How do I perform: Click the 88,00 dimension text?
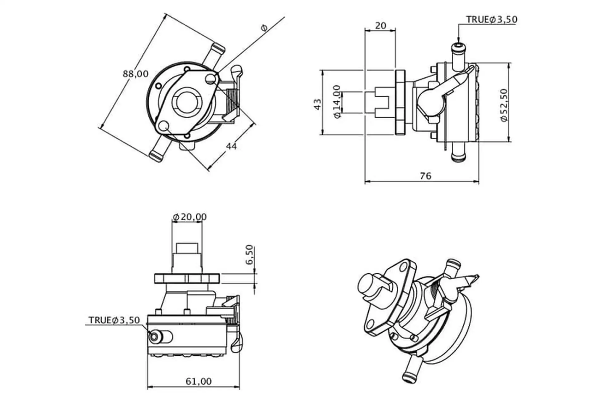click(135, 74)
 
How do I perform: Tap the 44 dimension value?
click(231, 146)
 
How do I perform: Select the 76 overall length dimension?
click(425, 176)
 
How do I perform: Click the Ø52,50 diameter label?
click(504, 105)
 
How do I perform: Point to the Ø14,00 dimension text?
click(337, 102)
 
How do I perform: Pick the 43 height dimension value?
click(318, 104)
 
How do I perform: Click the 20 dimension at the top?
click(380, 26)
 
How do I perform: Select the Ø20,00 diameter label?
click(190, 217)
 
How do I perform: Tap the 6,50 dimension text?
click(249, 254)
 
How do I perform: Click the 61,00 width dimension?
click(199, 382)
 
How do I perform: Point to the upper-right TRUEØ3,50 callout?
click(492, 20)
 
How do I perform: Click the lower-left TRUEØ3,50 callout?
click(114, 320)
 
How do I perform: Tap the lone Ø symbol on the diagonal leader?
click(264, 28)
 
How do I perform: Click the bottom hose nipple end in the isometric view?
click(408, 377)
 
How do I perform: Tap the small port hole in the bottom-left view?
click(154, 337)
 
